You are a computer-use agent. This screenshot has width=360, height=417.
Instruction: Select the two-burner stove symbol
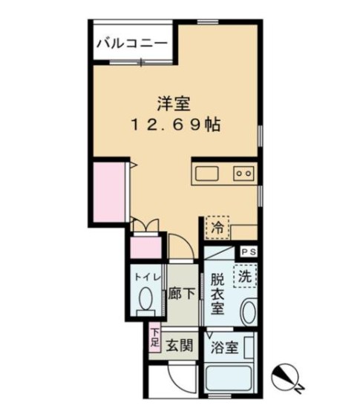coord(243,174)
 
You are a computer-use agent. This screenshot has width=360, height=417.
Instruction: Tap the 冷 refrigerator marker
coord(217,227)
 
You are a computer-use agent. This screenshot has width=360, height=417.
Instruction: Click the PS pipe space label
coord(247,252)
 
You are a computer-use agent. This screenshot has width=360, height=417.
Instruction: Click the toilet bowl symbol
coord(146,301)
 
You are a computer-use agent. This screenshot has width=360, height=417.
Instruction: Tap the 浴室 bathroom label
coord(225,347)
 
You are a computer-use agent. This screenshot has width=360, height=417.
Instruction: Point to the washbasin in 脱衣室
coord(249,312)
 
